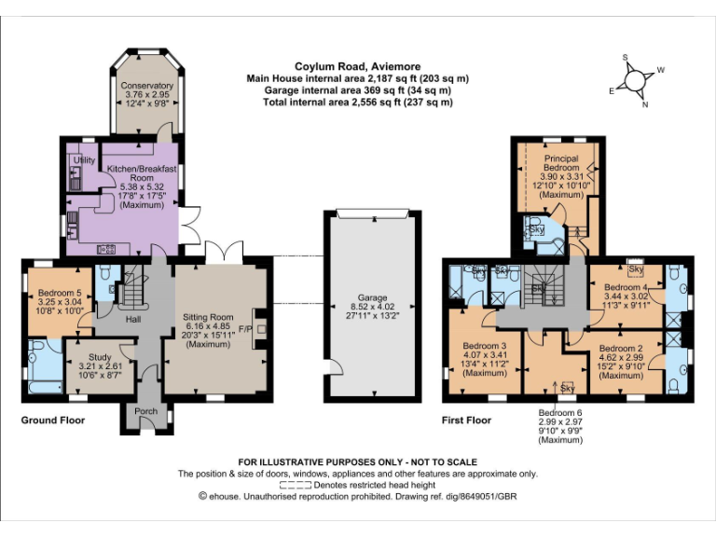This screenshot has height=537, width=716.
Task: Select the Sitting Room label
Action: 209,317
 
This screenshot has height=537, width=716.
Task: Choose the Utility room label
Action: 84,160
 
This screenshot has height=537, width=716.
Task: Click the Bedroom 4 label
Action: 624,287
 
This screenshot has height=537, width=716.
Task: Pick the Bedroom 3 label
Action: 483,346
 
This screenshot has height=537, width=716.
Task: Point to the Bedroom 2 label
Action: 621,346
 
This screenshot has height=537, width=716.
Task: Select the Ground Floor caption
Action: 53,420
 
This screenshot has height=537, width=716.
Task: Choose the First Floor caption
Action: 466,420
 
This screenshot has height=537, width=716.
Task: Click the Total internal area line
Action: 357,103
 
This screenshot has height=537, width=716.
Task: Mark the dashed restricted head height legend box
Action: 293,485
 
